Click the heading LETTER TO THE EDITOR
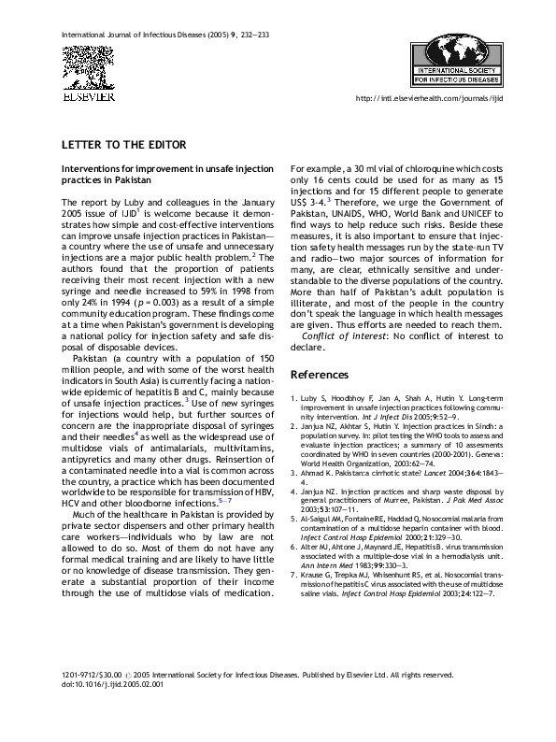pos(124,145)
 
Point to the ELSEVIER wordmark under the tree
pos(88,96)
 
